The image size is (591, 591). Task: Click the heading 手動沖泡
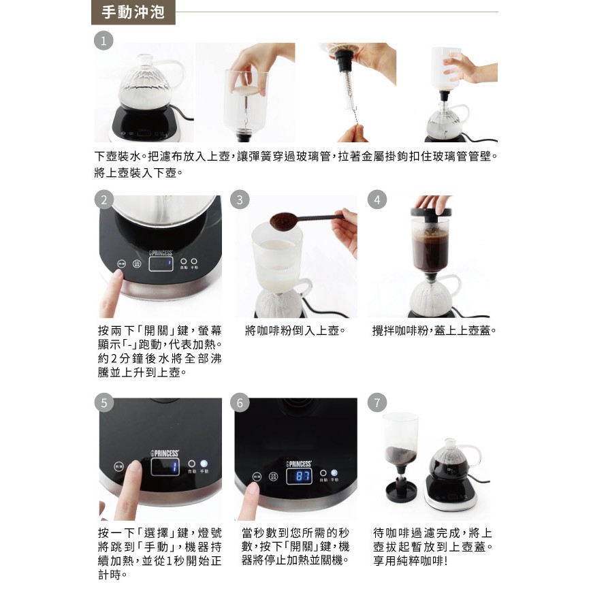(133, 12)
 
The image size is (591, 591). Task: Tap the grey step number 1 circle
(103, 41)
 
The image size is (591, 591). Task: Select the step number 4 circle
(377, 199)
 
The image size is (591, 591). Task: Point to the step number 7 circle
(377, 402)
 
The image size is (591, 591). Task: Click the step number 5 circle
(104, 402)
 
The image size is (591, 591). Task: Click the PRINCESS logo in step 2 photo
(161, 253)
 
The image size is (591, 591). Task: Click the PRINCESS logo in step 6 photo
(298, 464)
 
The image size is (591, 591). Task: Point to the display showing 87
(300, 477)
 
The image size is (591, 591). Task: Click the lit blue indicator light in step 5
(204, 463)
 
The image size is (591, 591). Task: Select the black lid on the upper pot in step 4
(432, 212)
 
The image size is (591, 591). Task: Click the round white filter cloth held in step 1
(246, 90)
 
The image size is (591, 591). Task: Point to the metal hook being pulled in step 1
(355, 115)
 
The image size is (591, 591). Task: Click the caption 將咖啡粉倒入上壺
(295, 330)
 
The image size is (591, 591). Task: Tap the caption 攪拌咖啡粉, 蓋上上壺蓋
(434, 330)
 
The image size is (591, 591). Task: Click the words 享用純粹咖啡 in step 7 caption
(411, 560)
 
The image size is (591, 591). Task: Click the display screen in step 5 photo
(165, 466)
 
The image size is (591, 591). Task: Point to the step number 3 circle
(240, 199)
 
